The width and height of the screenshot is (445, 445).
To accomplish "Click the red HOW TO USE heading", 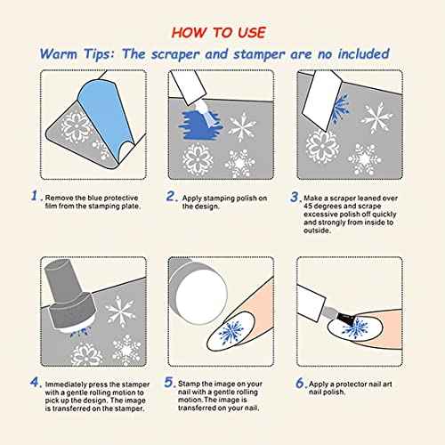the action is pyautogui.click(x=219, y=32).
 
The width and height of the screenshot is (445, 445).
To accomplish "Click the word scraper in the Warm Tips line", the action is pyautogui.click(x=174, y=54).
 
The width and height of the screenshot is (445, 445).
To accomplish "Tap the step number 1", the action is pyautogui.click(x=35, y=196).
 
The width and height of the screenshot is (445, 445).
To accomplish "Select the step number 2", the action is pyautogui.click(x=171, y=196).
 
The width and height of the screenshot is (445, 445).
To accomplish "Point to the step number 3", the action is pyautogui.click(x=294, y=197).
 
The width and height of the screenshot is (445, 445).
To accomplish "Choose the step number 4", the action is pyautogui.click(x=35, y=382).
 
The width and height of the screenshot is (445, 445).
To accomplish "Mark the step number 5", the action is pyautogui.click(x=169, y=382).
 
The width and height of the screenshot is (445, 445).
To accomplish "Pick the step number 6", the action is pyautogui.click(x=300, y=383).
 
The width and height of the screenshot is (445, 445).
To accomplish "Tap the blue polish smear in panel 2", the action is pyautogui.click(x=199, y=125).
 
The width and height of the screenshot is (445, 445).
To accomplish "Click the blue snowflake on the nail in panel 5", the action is pyautogui.click(x=231, y=331).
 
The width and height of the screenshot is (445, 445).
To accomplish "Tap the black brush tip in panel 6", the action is pyautogui.click(x=344, y=319).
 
